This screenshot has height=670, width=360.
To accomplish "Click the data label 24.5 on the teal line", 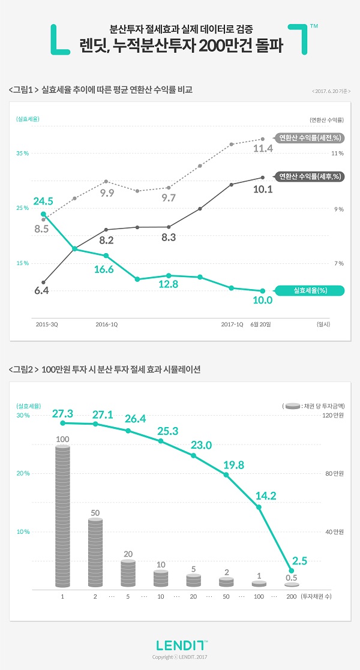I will (44, 201).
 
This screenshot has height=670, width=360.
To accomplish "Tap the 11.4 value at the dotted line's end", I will (263, 148).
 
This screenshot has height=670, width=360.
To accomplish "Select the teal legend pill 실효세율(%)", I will (310, 291).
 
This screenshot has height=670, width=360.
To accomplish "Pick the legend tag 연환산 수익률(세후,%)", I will (310, 176).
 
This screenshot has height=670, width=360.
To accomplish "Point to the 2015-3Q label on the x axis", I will (46, 324).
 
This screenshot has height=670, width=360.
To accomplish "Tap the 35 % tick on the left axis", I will (22, 154).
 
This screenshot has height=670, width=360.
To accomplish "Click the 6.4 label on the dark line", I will (41, 290).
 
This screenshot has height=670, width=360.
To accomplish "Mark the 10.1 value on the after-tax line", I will (263, 190).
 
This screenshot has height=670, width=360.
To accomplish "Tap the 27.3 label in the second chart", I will (62, 414).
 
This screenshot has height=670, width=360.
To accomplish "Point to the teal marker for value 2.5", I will (292, 570).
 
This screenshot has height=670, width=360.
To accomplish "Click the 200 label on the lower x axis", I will (292, 597).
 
